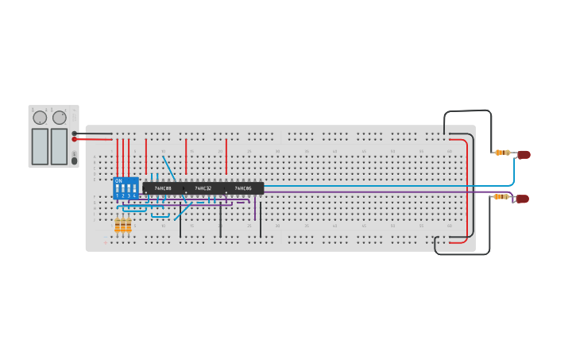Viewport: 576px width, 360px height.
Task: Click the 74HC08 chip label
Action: (x=163, y=188)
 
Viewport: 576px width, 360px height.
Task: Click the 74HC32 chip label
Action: (x=203, y=188)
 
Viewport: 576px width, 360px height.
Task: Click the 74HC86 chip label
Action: (x=243, y=188)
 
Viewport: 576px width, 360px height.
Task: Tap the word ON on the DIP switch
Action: (x=118, y=181)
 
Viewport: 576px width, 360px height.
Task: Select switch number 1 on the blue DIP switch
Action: (x=118, y=191)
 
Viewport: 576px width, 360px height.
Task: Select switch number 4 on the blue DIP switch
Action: (x=134, y=191)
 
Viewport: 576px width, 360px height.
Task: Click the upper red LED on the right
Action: (x=524, y=155)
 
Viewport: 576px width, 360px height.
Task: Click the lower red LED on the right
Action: (x=522, y=199)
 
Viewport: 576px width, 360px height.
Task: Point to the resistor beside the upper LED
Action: (x=502, y=153)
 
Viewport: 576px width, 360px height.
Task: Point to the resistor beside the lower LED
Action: (x=501, y=196)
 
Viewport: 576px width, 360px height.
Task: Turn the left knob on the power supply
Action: (x=40, y=118)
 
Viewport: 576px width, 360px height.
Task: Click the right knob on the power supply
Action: (x=60, y=118)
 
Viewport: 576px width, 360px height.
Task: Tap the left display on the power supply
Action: (x=40, y=146)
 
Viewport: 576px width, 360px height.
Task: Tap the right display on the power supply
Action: (x=59, y=146)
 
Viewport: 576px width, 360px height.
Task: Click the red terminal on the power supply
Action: (x=75, y=139)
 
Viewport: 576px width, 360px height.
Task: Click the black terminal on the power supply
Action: (x=75, y=134)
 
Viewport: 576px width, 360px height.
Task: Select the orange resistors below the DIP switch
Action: (x=123, y=226)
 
